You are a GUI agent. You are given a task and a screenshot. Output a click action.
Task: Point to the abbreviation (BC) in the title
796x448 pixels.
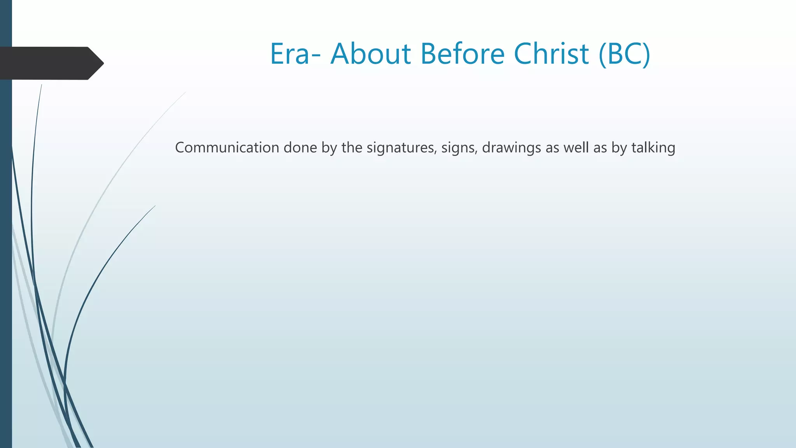click(625, 54)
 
